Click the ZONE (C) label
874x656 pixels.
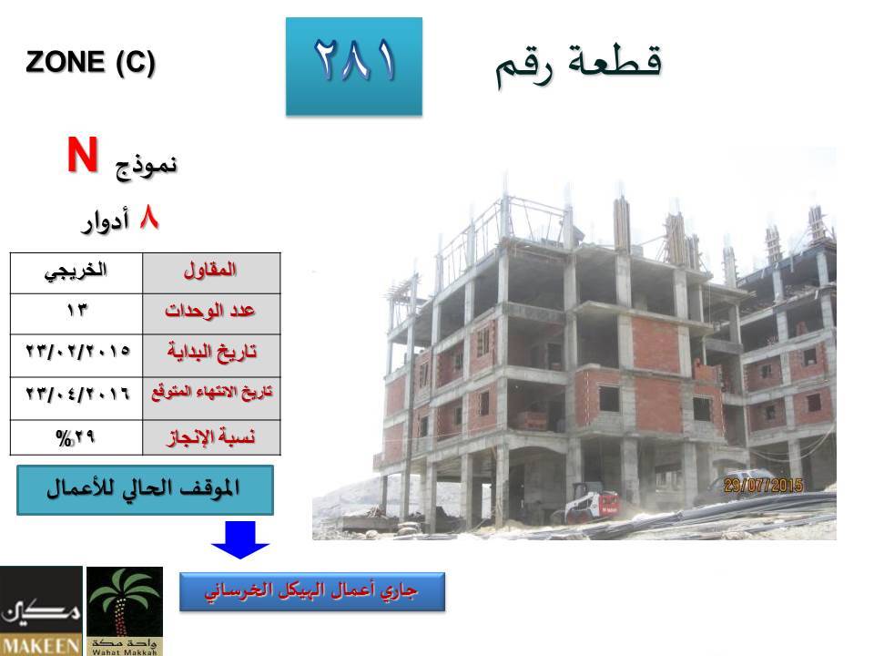click(x=90, y=62)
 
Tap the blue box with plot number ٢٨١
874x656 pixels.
click(x=354, y=67)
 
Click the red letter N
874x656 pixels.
click(x=83, y=155)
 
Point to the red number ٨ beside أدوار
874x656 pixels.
click(x=148, y=217)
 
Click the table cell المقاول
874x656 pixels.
click(x=211, y=272)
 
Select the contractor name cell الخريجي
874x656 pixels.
click(x=76, y=272)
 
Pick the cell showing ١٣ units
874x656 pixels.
click(x=76, y=313)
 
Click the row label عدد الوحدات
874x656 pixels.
click(x=211, y=313)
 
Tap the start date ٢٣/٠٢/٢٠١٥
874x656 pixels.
click(x=76, y=351)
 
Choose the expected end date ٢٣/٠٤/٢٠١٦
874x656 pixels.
click(x=76, y=394)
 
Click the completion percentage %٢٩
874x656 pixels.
click(x=76, y=437)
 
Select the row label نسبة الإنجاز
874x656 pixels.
click(x=211, y=437)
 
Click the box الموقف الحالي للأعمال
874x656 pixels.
click(x=145, y=490)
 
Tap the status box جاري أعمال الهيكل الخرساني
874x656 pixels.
click(x=312, y=591)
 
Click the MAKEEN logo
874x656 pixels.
click(x=41, y=610)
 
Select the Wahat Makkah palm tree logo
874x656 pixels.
click(x=125, y=610)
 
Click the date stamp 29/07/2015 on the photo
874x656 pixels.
click(x=763, y=486)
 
